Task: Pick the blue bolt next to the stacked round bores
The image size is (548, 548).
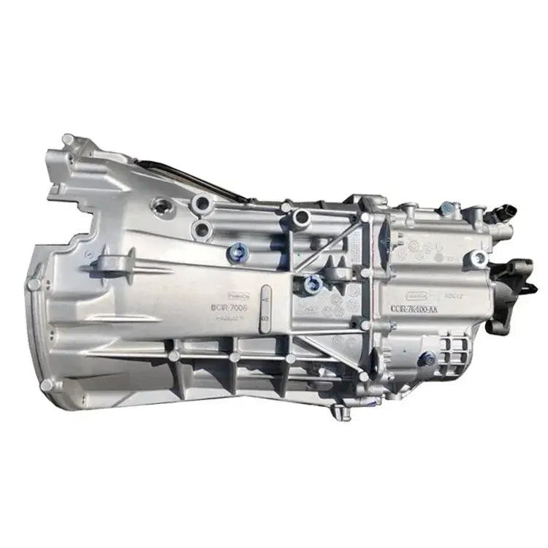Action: (x=236, y=254)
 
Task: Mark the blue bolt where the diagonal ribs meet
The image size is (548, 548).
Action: (x=313, y=283)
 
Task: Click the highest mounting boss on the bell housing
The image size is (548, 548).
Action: (x=69, y=139)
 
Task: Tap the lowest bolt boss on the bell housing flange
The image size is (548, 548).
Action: (x=47, y=384)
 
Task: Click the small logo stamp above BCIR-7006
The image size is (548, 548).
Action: (x=238, y=296)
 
